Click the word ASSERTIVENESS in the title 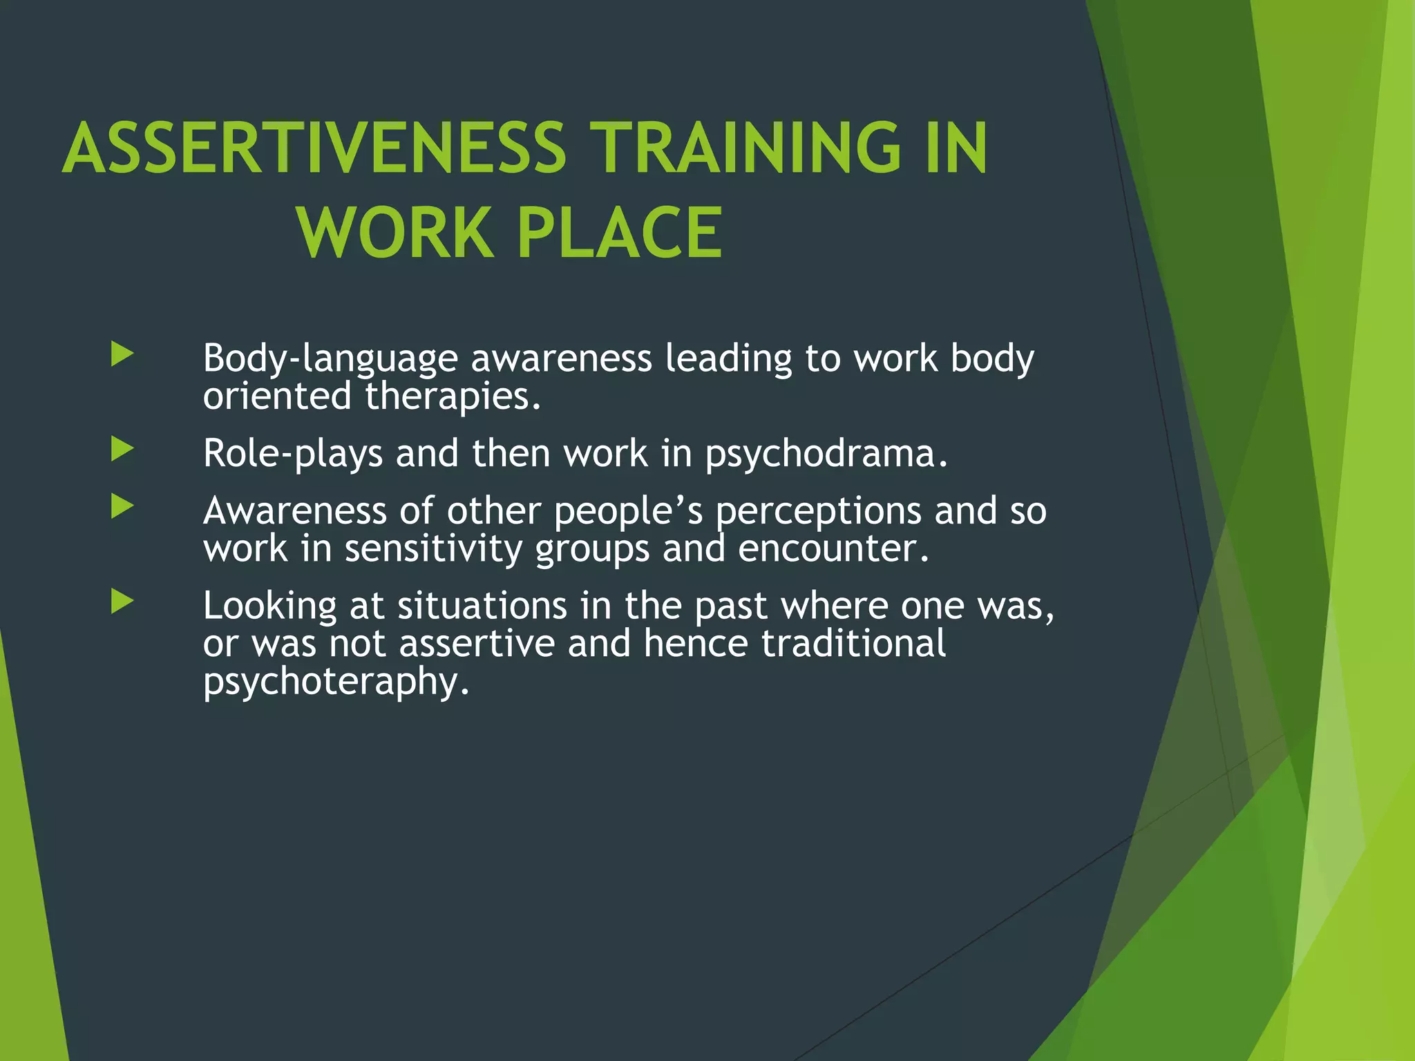[314, 148]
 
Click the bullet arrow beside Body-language [122, 355]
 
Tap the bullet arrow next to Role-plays [122, 450]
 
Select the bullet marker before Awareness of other [122, 508]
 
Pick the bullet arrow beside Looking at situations [122, 602]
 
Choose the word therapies [452, 397]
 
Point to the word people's [628, 512]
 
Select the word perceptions [818, 512]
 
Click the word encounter [833, 549]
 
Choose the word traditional [853, 644]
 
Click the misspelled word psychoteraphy [336, 682]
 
